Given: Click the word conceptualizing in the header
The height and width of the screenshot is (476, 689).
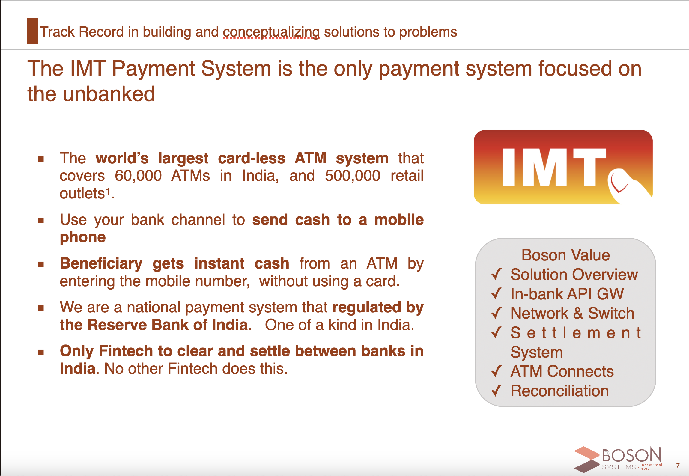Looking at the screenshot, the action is click(x=271, y=32).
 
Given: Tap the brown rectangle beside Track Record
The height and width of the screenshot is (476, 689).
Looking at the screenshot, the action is click(x=32, y=31).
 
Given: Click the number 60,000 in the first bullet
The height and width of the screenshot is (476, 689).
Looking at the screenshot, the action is click(x=138, y=176).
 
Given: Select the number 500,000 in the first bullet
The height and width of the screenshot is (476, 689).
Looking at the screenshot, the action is click(x=353, y=176).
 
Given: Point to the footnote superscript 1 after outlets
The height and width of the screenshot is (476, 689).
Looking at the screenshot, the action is click(x=108, y=191).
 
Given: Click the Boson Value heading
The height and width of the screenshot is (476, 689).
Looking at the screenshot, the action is click(x=565, y=255).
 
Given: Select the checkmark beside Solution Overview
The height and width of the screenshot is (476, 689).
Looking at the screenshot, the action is click(x=497, y=274).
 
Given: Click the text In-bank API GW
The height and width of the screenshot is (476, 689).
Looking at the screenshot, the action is click(x=567, y=294).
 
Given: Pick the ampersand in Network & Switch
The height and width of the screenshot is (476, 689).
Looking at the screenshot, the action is click(x=578, y=313).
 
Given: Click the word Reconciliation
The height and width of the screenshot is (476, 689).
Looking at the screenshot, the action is click(x=559, y=391).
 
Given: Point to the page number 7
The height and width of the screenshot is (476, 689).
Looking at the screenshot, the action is click(x=678, y=465).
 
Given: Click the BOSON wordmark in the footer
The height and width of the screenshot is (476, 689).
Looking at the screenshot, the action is click(x=631, y=455).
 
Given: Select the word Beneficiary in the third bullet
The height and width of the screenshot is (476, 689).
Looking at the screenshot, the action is click(x=101, y=264).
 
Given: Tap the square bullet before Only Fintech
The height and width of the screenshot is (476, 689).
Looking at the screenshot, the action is click(x=41, y=352).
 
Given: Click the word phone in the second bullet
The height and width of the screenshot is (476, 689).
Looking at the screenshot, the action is click(x=83, y=238).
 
